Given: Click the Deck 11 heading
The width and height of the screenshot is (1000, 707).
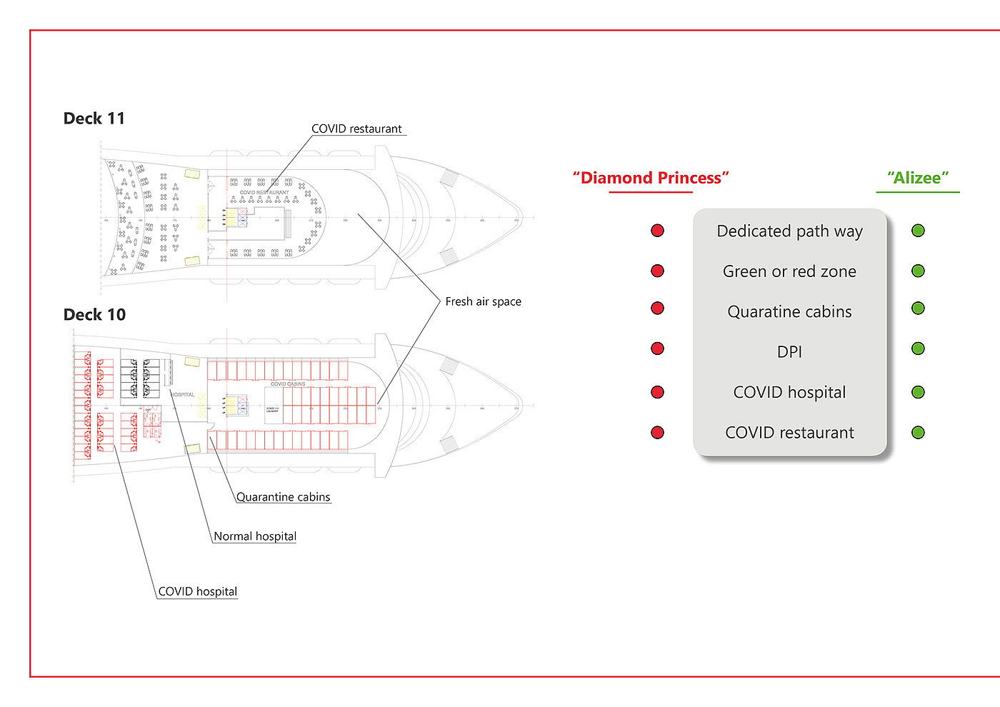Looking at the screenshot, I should (x=94, y=119).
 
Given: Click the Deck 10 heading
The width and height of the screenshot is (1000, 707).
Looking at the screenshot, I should (x=94, y=315).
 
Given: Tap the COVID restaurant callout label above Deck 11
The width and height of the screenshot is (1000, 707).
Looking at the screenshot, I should (x=356, y=129).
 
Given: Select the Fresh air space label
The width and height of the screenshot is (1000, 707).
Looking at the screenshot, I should (x=483, y=302).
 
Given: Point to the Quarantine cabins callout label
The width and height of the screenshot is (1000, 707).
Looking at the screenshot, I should (x=283, y=497).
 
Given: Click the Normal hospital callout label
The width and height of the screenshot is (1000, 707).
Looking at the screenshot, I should (x=255, y=536).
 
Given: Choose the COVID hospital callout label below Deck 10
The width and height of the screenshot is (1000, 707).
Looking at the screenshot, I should (x=197, y=591).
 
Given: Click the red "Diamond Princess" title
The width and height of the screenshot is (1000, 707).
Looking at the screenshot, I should (x=651, y=178).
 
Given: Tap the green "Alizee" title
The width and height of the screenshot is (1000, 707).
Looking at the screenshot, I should (x=918, y=178).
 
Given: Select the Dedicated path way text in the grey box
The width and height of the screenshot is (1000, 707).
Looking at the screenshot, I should (x=789, y=231).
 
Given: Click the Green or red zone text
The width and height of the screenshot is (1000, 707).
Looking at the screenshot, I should (x=789, y=271).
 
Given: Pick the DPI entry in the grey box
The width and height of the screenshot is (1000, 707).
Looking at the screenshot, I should (x=789, y=352).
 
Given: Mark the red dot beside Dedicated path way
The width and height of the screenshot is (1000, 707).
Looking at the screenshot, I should (x=658, y=231).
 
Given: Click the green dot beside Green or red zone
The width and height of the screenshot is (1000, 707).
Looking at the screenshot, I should (x=919, y=271).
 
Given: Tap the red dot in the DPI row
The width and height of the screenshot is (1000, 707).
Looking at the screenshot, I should (x=658, y=349).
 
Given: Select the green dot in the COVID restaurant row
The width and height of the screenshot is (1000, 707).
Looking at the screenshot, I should (x=919, y=432).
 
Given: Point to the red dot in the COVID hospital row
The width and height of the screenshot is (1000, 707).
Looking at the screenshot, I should (x=658, y=392).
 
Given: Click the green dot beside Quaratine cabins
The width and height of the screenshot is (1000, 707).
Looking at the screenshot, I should (x=919, y=309).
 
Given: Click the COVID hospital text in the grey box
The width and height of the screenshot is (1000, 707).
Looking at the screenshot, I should (x=789, y=393).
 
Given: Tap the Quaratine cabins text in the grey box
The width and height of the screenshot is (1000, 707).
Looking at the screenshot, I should (x=789, y=312).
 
